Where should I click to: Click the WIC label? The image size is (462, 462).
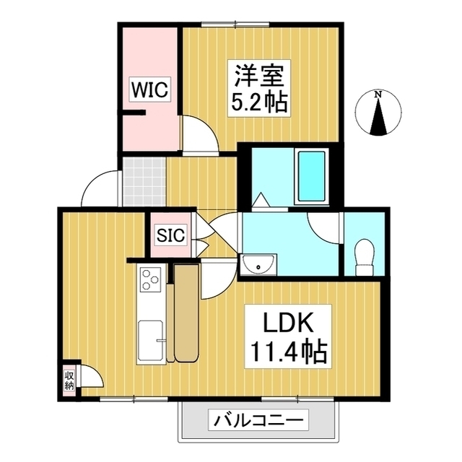[x=149, y=91]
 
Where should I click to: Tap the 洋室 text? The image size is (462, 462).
[x=261, y=76]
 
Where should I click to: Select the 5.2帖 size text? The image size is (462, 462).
[x=260, y=102]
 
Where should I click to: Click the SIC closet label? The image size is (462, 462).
[x=171, y=235]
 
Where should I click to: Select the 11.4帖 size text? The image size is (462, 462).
[x=289, y=352]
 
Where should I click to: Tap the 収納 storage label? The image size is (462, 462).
[x=69, y=380]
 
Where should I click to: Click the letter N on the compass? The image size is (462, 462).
[x=378, y=95]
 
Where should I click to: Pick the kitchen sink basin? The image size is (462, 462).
[x=150, y=336]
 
